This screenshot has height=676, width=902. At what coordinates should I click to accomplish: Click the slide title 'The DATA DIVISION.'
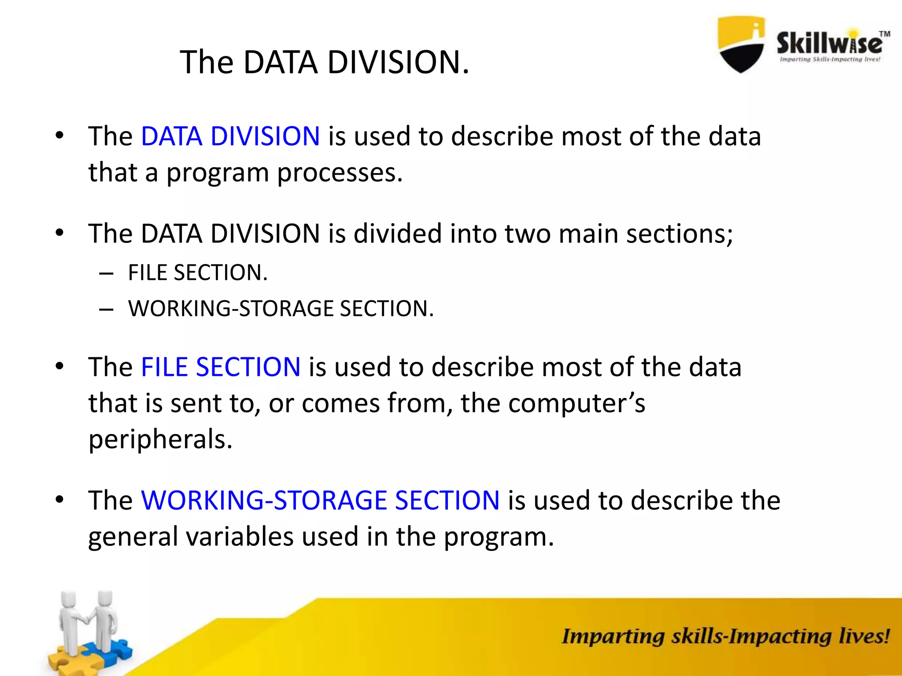click(x=325, y=62)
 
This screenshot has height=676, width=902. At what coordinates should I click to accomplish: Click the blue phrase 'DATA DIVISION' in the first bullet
click(x=230, y=136)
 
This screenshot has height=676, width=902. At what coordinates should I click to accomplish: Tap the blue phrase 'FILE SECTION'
click(x=220, y=367)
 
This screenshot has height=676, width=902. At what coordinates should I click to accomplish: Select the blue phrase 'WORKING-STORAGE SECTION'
click(x=320, y=500)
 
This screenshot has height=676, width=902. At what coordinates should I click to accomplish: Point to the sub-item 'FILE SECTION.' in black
click(x=198, y=273)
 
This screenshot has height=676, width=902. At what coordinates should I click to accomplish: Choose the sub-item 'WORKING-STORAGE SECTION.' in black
click(x=281, y=309)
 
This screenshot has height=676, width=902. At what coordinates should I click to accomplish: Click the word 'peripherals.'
click(x=160, y=440)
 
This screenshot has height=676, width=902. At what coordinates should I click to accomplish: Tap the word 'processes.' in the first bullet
click(x=340, y=173)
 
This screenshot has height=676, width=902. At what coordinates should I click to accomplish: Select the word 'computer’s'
click(x=577, y=403)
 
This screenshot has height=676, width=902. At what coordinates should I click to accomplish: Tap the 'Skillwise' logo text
click(x=828, y=44)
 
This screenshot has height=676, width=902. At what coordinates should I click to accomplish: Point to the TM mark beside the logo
click(x=884, y=34)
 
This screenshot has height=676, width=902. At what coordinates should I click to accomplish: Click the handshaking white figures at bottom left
click(x=88, y=621)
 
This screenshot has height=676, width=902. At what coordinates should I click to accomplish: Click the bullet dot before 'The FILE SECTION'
click(x=60, y=366)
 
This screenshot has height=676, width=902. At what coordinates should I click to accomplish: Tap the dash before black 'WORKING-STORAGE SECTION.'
click(x=106, y=309)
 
